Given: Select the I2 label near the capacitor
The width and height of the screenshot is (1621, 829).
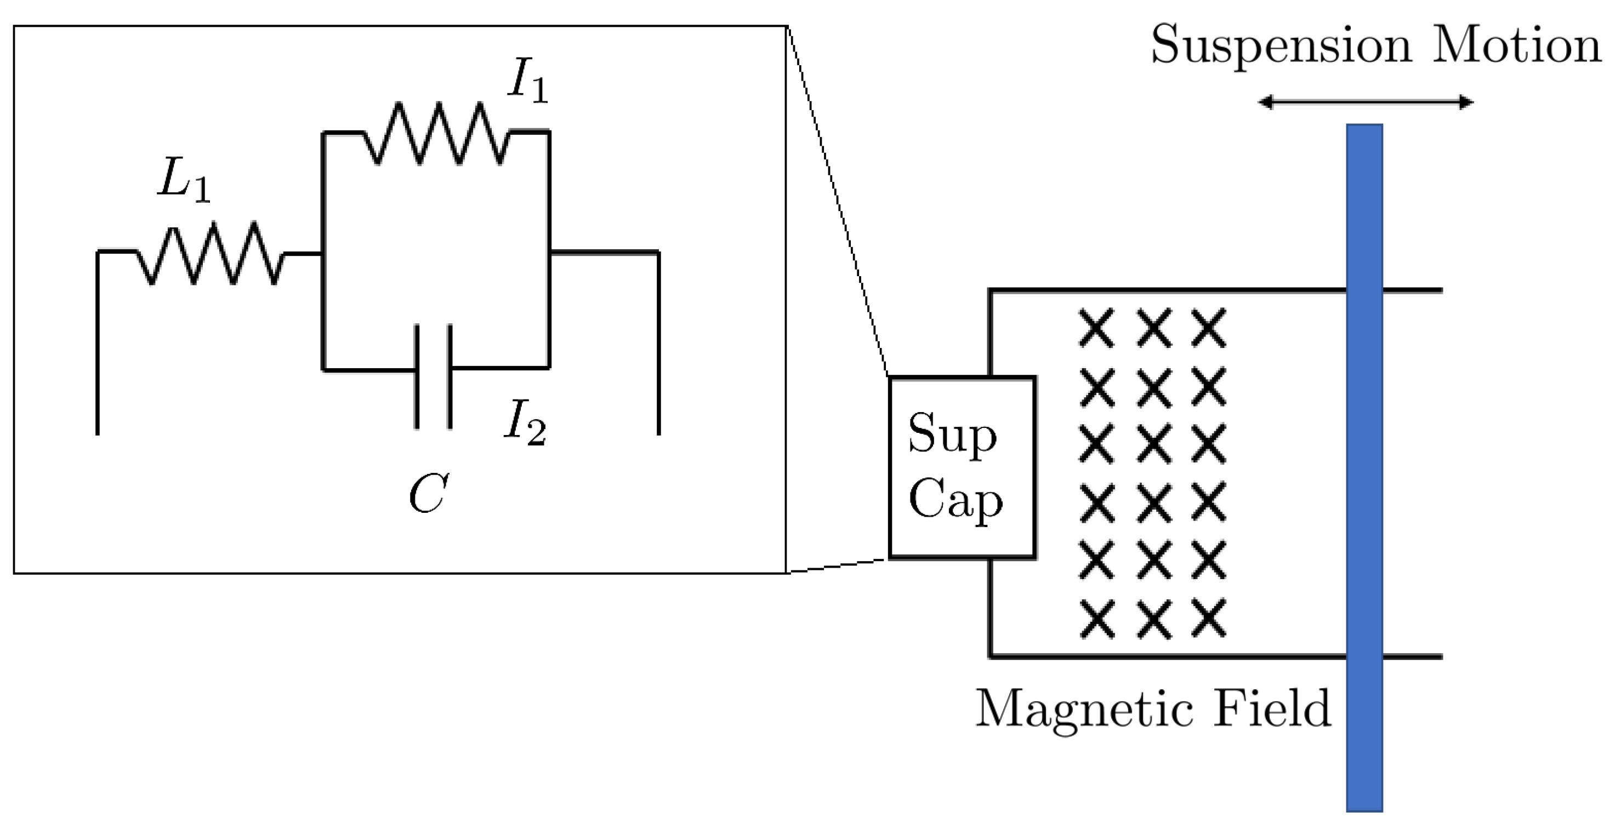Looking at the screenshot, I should coord(524,424).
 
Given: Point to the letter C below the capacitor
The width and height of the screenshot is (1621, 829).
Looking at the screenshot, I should coord(428,494).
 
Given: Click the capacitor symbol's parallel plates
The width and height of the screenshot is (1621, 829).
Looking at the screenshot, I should coord(433,376).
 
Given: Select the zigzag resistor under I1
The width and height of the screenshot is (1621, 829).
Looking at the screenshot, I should coord(437,133).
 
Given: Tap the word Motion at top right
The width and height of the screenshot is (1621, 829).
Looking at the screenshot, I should coord(1516,45).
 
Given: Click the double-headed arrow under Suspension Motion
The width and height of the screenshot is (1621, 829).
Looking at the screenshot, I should coord(1366,102).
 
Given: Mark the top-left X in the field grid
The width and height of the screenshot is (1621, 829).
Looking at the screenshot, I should coord(1097,328).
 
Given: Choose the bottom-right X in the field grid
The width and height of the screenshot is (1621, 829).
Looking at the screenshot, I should coord(1209,618).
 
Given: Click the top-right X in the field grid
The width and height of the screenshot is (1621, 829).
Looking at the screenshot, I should coord(1209,328).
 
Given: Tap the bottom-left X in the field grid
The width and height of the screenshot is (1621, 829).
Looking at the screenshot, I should coord(1097,618).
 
